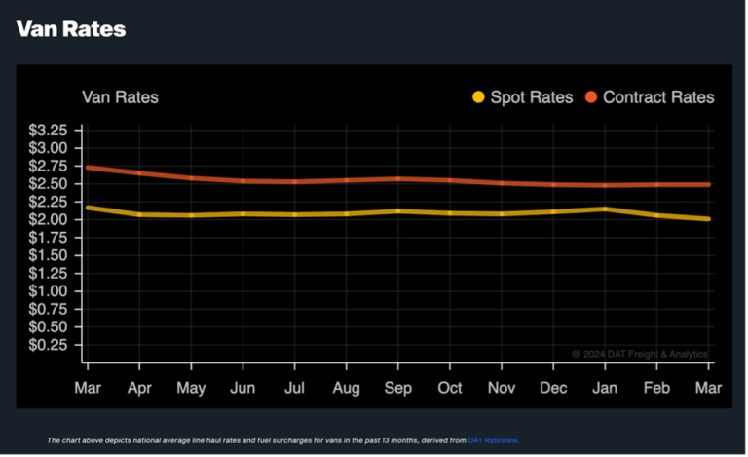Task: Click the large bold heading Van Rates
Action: (71, 29)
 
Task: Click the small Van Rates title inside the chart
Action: (120, 97)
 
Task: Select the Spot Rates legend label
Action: (531, 97)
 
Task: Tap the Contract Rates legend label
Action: (658, 97)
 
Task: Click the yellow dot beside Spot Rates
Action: (478, 97)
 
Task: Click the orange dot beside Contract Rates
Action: (591, 97)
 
